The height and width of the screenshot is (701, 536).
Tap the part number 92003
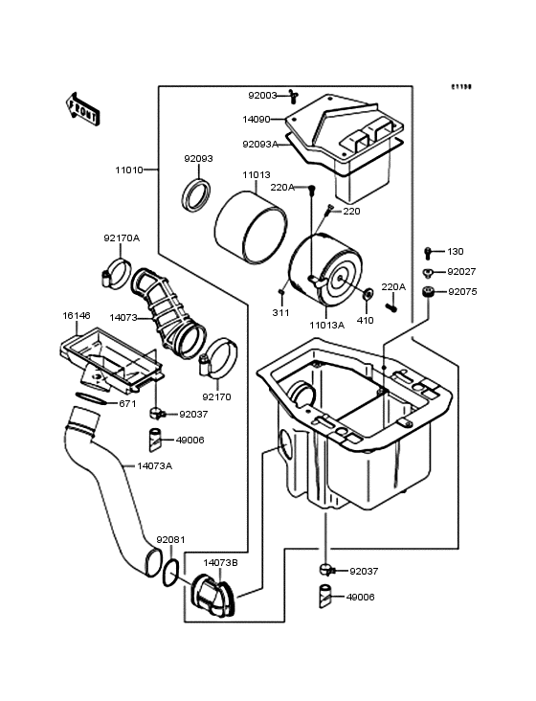(262, 96)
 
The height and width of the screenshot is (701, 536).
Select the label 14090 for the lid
(257, 120)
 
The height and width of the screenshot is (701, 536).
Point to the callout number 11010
(129, 170)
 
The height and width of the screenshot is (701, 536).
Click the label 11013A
(326, 325)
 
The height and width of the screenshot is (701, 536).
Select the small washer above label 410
(368, 292)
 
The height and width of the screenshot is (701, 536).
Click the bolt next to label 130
(428, 253)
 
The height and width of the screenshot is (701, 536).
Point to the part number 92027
(461, 272)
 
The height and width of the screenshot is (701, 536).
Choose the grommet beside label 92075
(428, 291)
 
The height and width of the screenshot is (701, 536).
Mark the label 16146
(77, 314)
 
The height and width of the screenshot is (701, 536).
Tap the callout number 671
(127, 403)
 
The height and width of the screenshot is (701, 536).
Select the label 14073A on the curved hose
(155, 465)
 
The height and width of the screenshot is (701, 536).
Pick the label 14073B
(220, 562)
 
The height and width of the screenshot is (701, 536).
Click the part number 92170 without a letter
(216, 396)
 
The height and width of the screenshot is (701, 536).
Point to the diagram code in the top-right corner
(462, 86)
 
